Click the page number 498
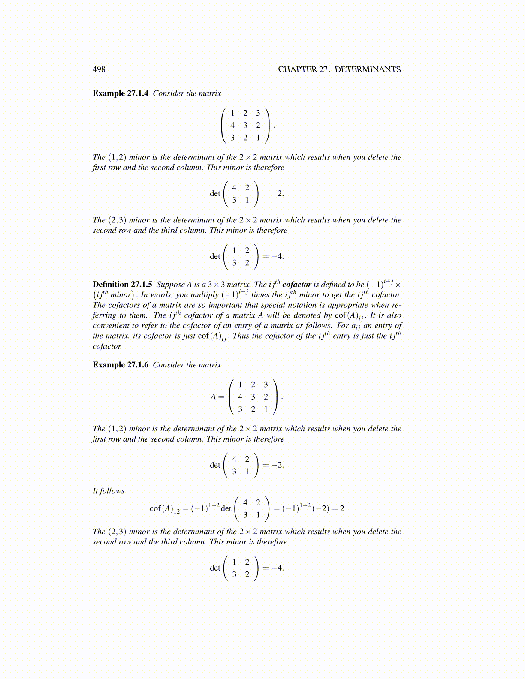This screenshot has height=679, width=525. [x=99, y=69]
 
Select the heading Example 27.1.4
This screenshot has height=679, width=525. [x=121, y=93]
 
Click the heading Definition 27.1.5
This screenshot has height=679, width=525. [x=122, y=285]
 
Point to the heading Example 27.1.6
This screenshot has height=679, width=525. [x=121, y=365]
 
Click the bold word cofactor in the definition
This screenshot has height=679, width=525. [x=297, y=285]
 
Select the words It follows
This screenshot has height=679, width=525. [x=109, y=491]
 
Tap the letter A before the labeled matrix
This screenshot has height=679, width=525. [x=213, y=397]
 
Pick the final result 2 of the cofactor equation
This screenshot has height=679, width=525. [x=342, y=508]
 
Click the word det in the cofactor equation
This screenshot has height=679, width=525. [x=226, y=508]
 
